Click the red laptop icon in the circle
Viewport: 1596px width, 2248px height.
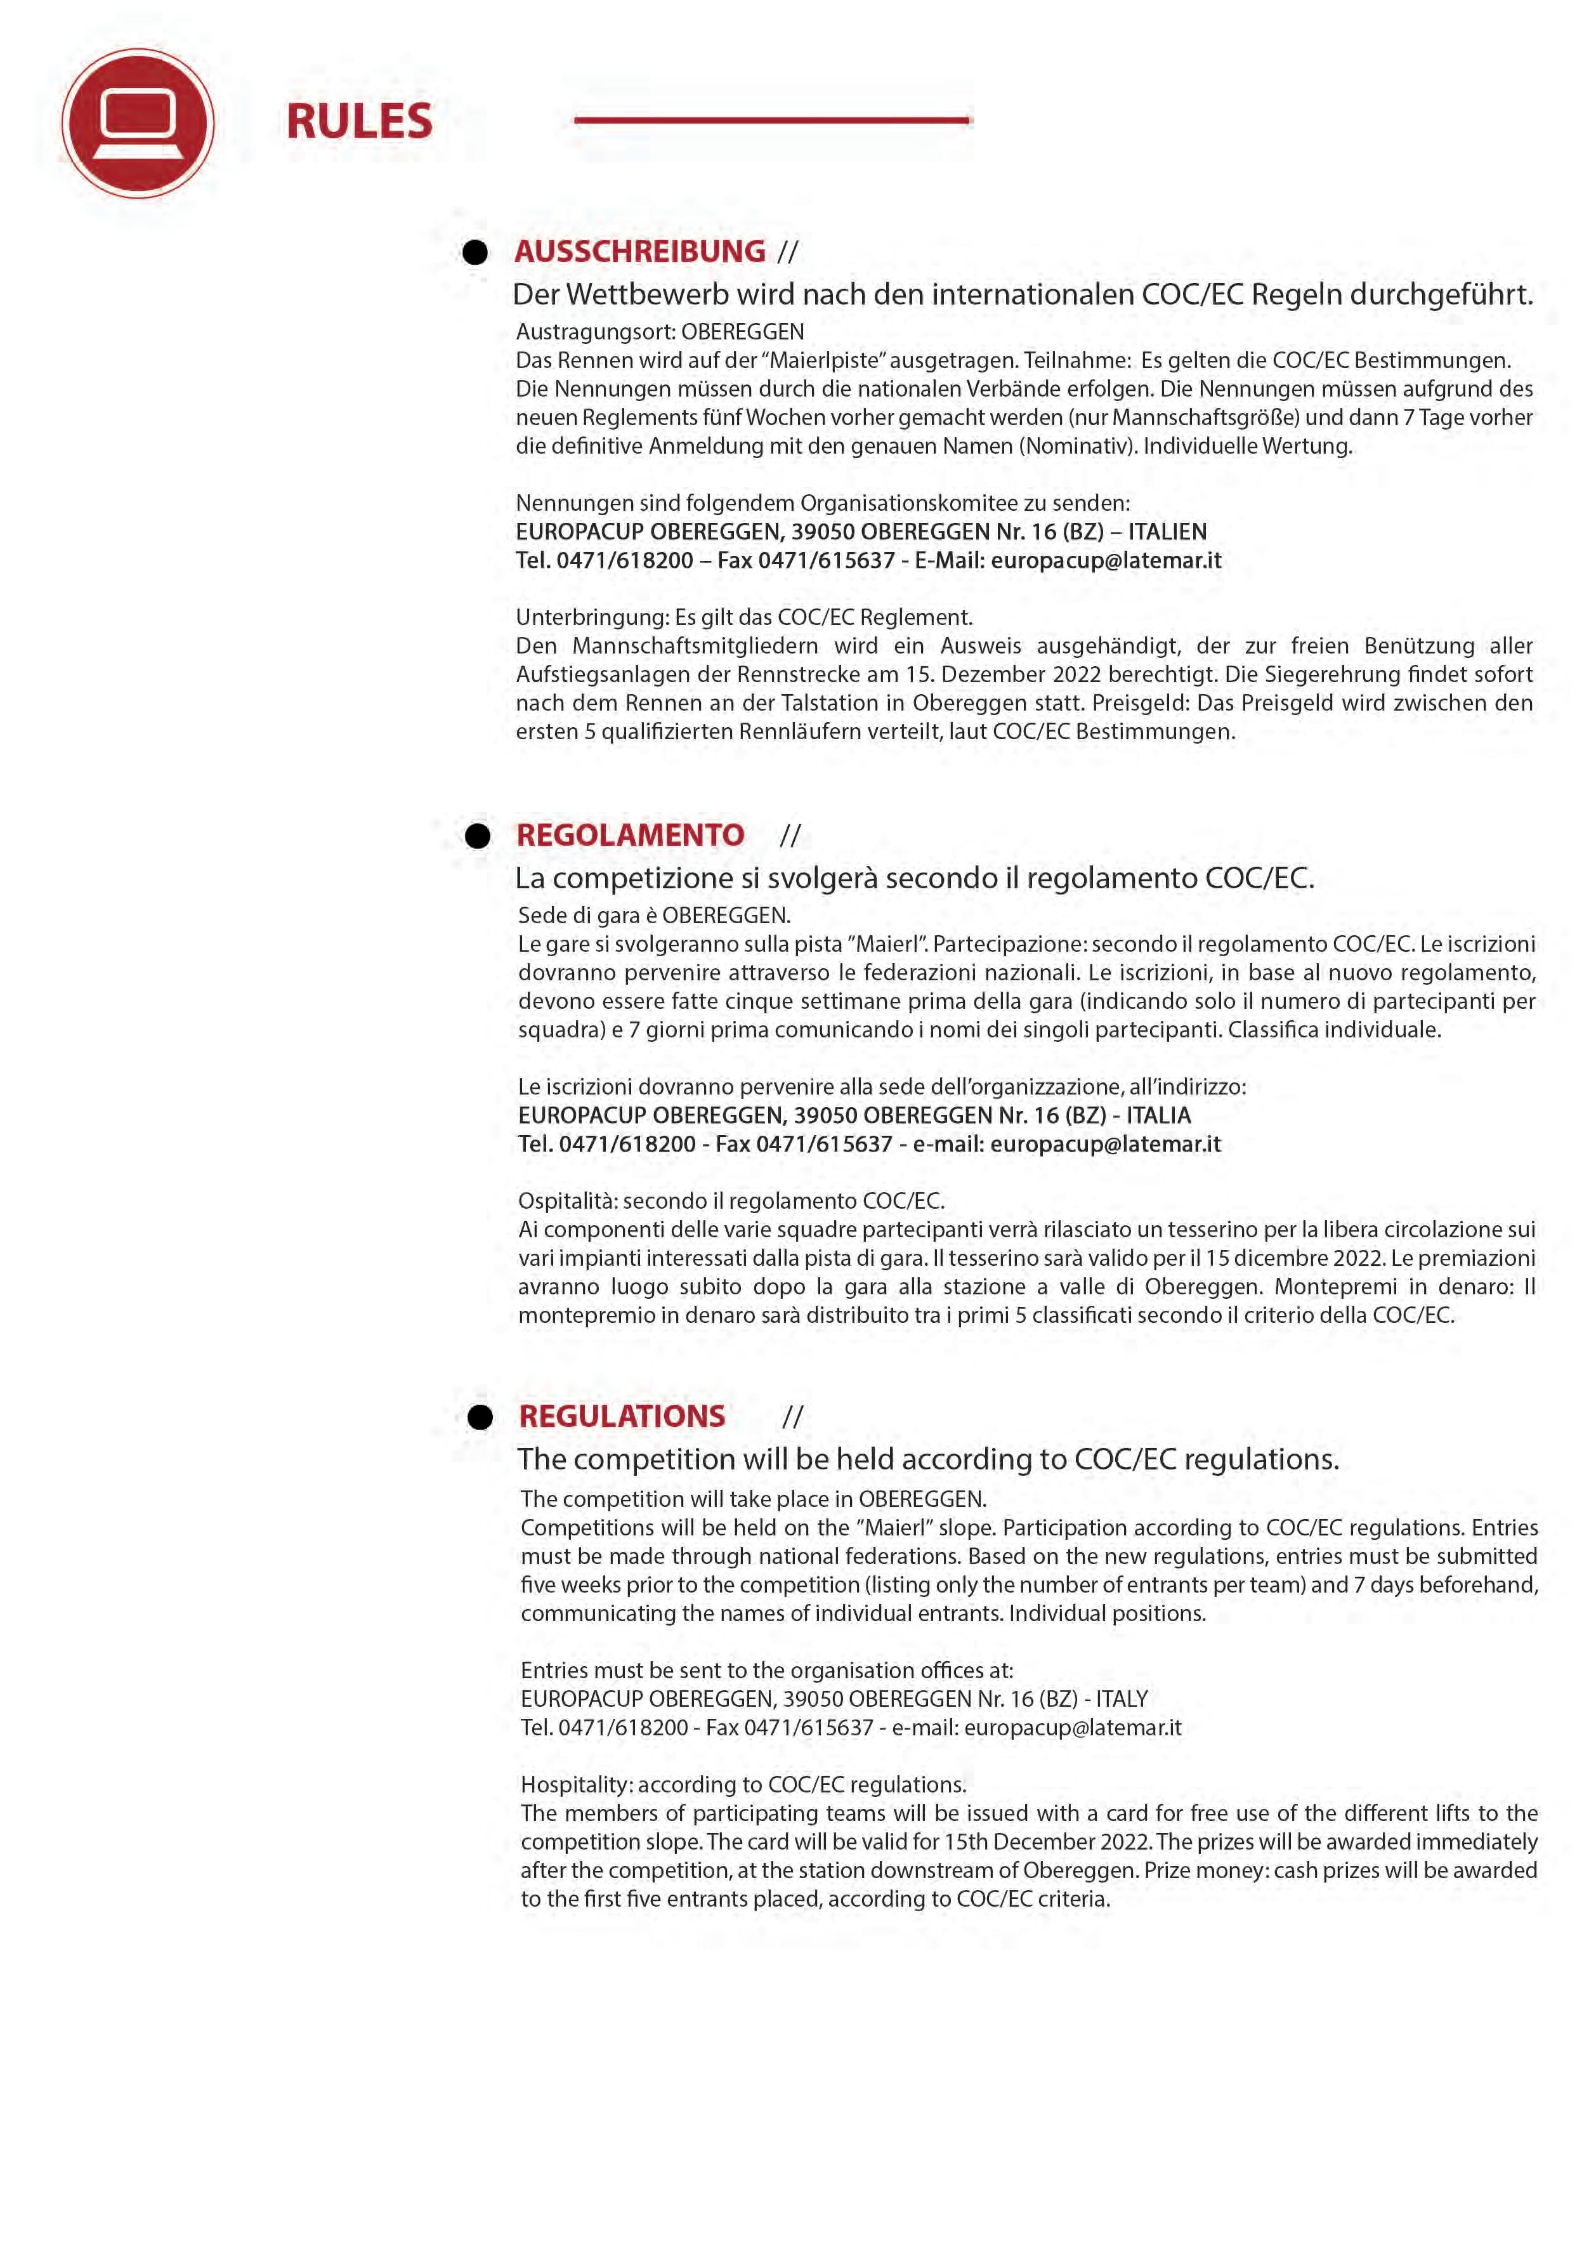pyautogui.click(x=138, y=124)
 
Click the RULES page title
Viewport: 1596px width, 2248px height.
pyautogui.click(x=358, y=122)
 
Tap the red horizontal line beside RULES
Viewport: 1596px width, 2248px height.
pyautogui.click(x=773, y=120)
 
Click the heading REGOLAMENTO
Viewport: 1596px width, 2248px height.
pyautogui.click(x=630, y=836)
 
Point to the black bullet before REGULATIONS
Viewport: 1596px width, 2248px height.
pyautogui.click(x=480, y=1417)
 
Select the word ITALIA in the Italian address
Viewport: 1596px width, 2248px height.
pyautogui.click(x=1159, y=1115)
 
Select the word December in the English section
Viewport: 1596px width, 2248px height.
pyautogui.click(x=1061, y=1841)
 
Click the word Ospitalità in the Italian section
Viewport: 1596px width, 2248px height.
pyautogui.click(x=567, y=1201)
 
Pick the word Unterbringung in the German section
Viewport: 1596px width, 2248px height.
pyautogui.click(x=592, y=617)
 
